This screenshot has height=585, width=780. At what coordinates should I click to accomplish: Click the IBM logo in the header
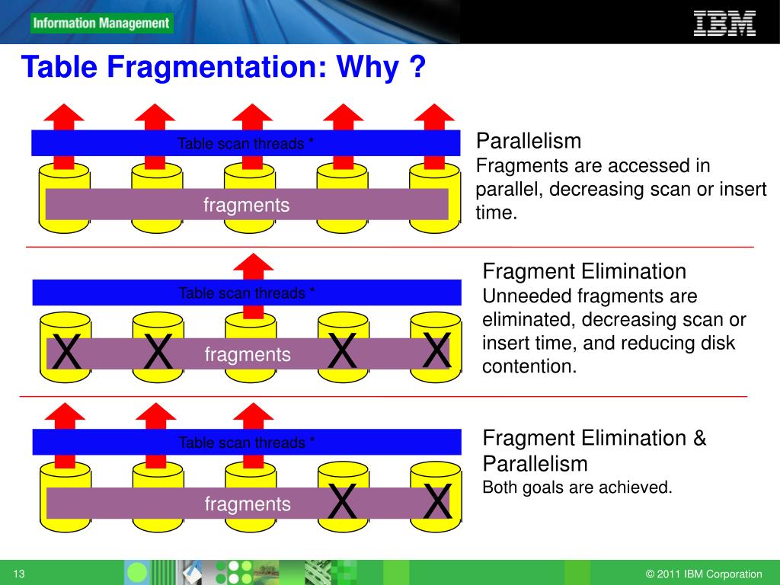724,22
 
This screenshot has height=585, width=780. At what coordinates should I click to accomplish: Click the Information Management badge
101,23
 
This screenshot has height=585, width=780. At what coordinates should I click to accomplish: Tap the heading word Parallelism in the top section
529,141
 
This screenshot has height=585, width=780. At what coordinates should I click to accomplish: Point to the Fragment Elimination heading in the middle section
585,271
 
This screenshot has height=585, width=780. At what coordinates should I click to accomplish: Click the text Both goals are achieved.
577,487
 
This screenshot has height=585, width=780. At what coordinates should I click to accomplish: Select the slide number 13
20,574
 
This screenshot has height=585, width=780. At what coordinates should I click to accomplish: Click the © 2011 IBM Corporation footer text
704,574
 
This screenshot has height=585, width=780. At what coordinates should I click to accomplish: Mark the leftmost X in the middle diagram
67,353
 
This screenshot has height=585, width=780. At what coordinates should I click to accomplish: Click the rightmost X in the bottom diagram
436,501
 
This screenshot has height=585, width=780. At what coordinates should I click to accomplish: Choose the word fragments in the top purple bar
246,205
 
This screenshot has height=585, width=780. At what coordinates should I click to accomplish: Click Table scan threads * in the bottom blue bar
247,443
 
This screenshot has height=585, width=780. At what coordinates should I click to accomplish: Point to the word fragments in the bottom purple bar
248,503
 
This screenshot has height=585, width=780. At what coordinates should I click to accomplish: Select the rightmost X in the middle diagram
436,351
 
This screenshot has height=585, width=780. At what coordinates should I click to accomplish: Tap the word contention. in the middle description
529,366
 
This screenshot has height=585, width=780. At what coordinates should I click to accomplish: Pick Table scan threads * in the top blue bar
245,143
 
